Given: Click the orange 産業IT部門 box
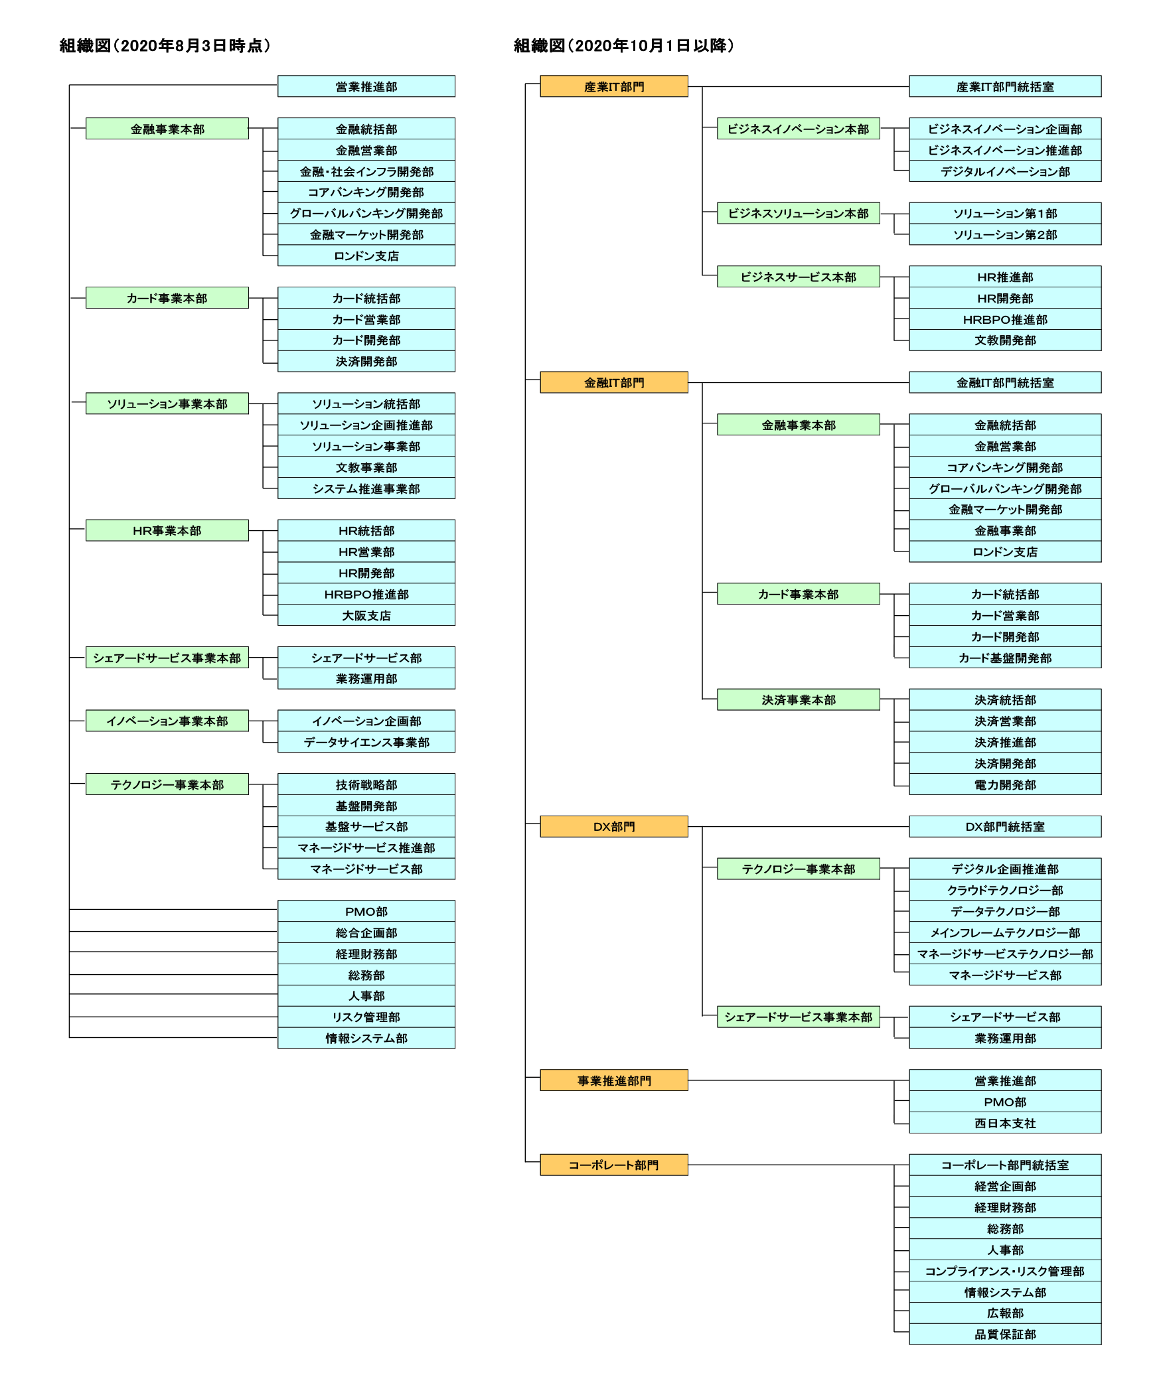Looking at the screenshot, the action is tap(614, 86).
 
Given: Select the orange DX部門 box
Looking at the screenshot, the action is tap(614, 826).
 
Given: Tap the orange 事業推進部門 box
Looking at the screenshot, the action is tap(614, 1080).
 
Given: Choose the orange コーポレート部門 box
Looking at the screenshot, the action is tap(614, 1165).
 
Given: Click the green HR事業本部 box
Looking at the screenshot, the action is tap(167, 530).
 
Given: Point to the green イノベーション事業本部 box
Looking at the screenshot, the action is tap(167, 721).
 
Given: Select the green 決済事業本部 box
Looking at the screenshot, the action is tap(799, 699).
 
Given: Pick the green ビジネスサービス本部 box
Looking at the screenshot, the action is tap(799, 277).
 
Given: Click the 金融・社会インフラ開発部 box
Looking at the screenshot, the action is tap(366, 171).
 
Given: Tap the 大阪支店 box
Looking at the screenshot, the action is tap(366, 615).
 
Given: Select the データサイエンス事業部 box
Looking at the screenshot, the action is tap(366, 742).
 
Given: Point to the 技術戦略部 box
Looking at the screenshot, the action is tap(366, 784).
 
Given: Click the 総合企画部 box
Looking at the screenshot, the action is tap(366, 932).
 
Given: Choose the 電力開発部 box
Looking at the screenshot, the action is tap(1005, 784).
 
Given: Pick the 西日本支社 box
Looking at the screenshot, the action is tap(1005, 1123).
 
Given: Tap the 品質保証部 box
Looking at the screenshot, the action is tap(1005, 1334).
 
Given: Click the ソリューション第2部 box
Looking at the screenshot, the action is tap(1005, 234).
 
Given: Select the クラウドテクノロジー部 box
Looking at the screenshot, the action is tap(1005, 890).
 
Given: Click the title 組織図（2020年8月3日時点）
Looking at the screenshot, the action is tap(165, 45).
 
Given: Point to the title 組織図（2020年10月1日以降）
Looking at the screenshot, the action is tap(624, 45).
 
